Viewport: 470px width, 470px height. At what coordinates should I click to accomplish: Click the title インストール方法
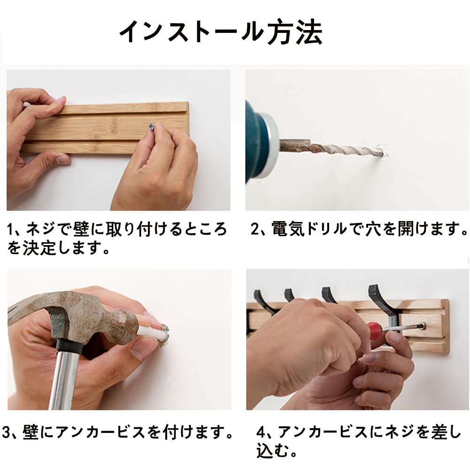click(221, 33)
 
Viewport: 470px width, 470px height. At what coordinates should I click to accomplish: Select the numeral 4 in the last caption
click(262, 432)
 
